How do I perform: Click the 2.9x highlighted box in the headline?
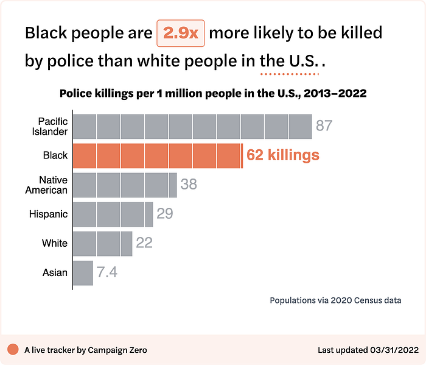(x=181, y=34)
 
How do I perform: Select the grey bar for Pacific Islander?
(x=192, y=126)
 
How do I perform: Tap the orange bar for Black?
(x=158, y=155)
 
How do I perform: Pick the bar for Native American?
(x=125, y=185)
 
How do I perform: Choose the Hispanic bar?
(x=113, y=214)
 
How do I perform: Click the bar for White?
(x=103, y=243)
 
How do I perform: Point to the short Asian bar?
(x=83, y=272)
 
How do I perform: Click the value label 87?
(x=324, y=126)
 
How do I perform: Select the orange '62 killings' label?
(x=282, y=155)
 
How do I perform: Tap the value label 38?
(x=189, y=184)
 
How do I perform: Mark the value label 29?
(x=164, y=214)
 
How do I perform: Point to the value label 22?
(x=144, y=243)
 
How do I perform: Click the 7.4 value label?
(x=107, y=272)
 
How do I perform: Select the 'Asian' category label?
(x=55, y=272)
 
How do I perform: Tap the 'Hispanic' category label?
(x=48, y=214)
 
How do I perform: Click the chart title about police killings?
(x=212, y=94)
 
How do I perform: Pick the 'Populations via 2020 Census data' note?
(x=335, y=300)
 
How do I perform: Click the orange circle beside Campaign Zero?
(x=13, y=350)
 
